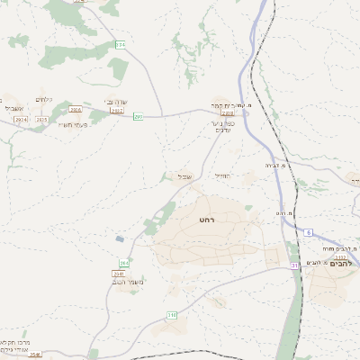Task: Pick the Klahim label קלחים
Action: [x=44, y=99]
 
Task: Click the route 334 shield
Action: [x=121, y=44]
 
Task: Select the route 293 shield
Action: [x=139, y=116]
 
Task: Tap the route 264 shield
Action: [x=124, y=263]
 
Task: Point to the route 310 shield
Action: [x=171, y=315]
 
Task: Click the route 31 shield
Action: [x=294, y=265]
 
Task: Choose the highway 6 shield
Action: [x=308, y=232]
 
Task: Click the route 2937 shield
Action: [x=117, y=111]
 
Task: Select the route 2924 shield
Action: [x=21, y=120]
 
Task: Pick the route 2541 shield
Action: [x=118, y=274]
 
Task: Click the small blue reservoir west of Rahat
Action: [x=120, y=239]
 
